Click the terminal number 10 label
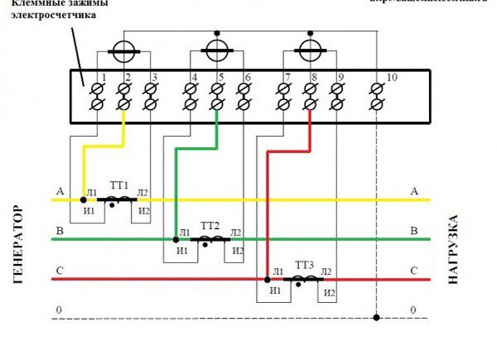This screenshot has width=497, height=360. pyautogui.click(x=392, y=77)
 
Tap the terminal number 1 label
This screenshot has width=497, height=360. pyautogui.click(x=104, y=77)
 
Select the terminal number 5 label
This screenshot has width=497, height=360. pyautogui.click(x=221, y=77)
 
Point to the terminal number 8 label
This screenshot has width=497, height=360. pyautogui.click(x=315, y=77)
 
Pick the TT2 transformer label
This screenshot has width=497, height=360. pyautogui.click(x=210, y=225)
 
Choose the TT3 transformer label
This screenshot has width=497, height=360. pyautogui.click(x=305, y=265)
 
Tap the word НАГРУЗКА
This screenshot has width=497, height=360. pyautogui.click(x=453, y=250)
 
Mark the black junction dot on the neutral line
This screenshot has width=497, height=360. pyautogui.click(x=376, y=317)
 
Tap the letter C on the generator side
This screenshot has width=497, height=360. pyautogui.click(x=57, y=271)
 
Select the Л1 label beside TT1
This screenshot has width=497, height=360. pyautogui.click(x=91, y=194)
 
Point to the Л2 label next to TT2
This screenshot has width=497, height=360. pyautogui.click(x=237, y=233)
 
